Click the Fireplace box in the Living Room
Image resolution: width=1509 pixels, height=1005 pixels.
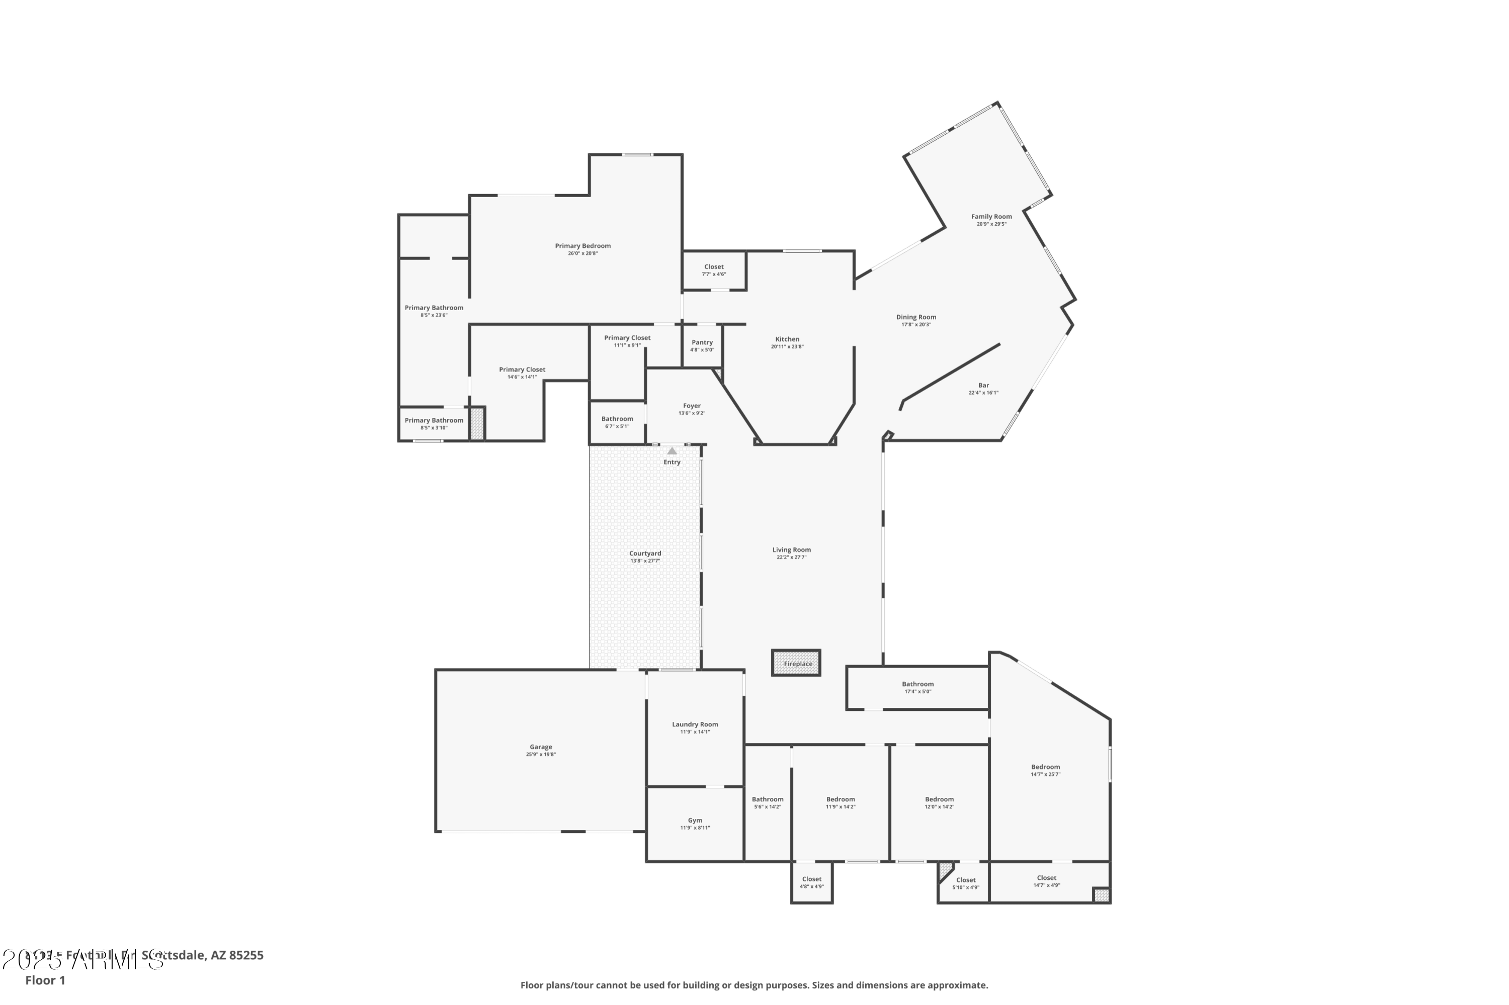796,663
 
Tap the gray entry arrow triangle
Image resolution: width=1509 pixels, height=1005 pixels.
672,451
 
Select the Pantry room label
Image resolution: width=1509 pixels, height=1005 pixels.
702,343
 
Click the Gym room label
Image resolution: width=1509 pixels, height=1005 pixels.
695,820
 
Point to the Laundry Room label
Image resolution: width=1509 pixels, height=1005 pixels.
695,724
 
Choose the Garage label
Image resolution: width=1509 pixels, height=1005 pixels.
541,747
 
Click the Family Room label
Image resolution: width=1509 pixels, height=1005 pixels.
991,217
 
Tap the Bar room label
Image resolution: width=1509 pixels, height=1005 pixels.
983,385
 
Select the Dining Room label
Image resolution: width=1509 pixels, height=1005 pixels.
916,317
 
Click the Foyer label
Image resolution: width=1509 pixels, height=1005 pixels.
691,406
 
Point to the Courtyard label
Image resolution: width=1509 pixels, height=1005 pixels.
644,553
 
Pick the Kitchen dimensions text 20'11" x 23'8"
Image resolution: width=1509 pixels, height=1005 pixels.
787,347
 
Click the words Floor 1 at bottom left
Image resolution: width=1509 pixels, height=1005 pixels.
45,980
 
